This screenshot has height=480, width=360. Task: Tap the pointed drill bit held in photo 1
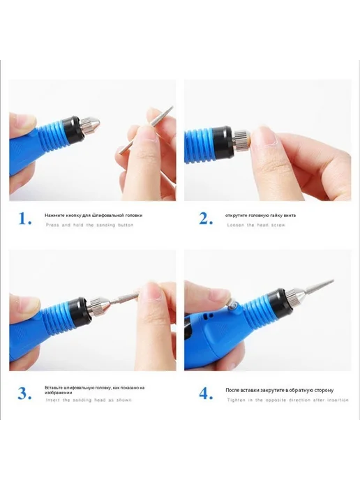pyautogui.click(x=146, y=130)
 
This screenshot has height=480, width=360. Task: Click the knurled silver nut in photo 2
pyautogui.click(x=241, y=140)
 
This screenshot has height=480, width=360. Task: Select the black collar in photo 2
pyautogui.click(x=223, y=142)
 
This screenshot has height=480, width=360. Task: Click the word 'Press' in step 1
pyautogui.click(x=52, y=225)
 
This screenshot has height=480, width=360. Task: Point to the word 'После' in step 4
pyautogui.click(x=232, y=390)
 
